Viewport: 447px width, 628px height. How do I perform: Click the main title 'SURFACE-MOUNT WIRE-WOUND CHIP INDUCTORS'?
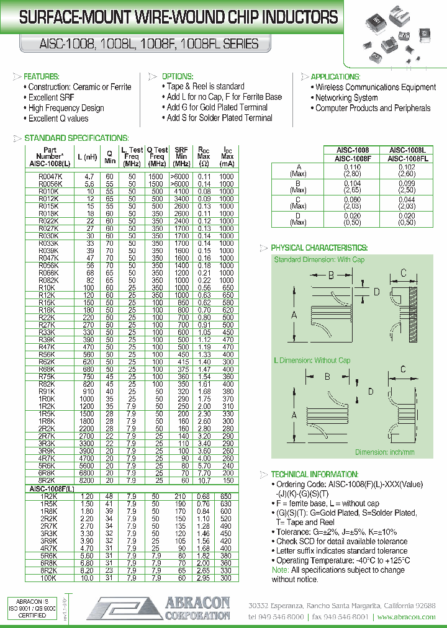coord(179,18)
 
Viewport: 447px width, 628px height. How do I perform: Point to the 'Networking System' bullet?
coord(346,97)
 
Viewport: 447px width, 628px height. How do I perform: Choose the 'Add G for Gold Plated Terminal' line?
coord(217,107)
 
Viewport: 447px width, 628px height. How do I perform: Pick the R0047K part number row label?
coord(49,177)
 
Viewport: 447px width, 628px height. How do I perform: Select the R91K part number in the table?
coord(47,392)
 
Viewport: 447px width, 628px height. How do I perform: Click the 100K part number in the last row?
coord(48,578)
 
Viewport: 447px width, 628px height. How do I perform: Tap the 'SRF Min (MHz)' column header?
coord(181,157)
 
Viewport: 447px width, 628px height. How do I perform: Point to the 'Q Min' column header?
coord(110,157)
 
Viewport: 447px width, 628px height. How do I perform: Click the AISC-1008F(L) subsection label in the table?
coord(52,489)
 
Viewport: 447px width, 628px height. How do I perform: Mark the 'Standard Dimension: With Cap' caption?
coord(319,259)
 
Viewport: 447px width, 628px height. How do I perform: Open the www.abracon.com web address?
coord(406,617)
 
